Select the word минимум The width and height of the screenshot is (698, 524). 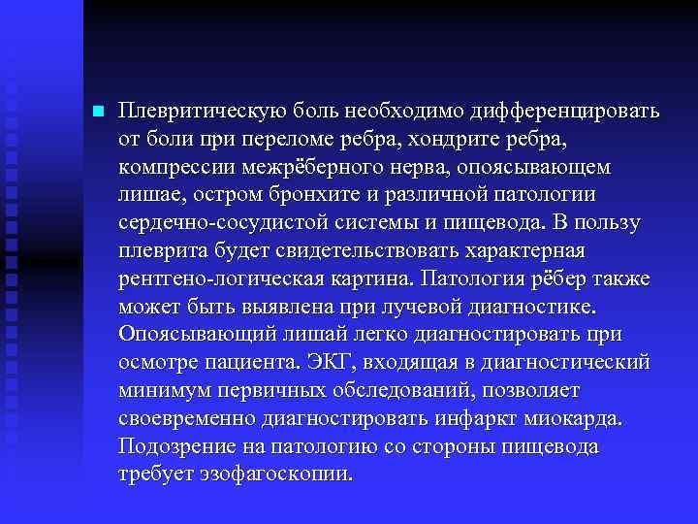[158, 391]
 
